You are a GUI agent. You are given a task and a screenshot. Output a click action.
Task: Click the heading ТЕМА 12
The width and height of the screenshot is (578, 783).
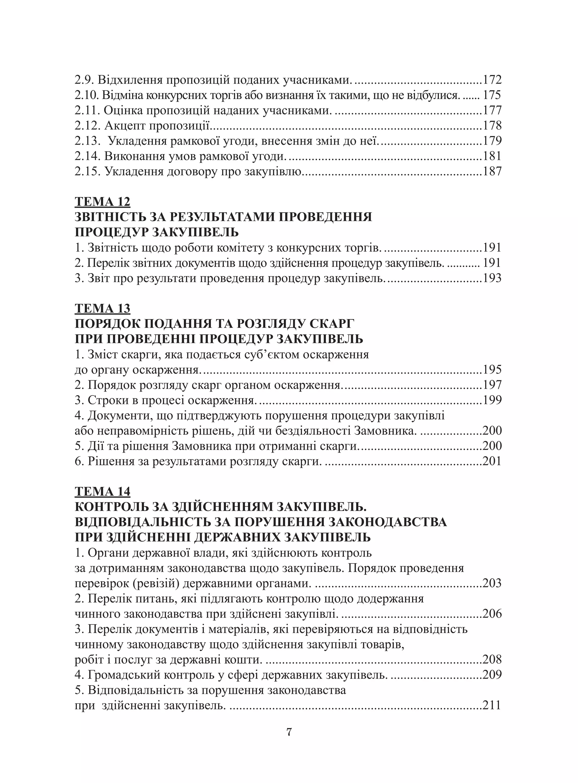(102, 202)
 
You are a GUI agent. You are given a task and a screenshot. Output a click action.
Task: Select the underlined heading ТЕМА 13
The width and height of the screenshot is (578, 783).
(102, 308)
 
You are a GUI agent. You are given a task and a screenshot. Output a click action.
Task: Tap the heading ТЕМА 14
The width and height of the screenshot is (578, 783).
(102, 492)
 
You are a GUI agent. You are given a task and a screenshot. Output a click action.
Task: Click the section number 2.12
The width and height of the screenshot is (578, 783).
(87, 126)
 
